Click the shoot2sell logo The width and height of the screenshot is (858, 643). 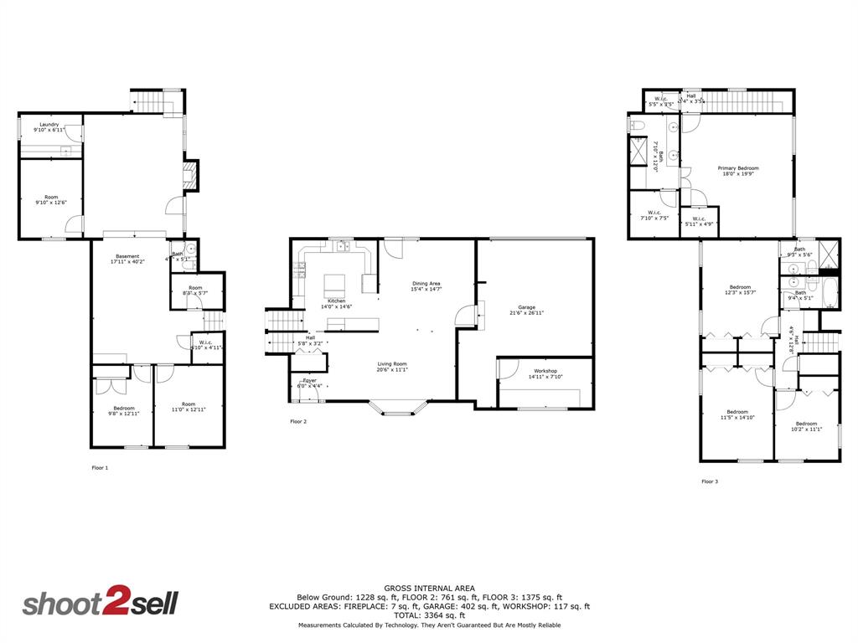click(100, 604)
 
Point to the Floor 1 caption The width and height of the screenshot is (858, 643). click(100, 468)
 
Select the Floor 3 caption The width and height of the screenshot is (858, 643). click(709, 481)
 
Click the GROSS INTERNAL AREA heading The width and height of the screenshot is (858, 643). click(429, 588)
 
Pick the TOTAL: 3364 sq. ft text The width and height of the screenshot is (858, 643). click(429, 615)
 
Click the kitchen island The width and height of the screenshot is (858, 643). click(336, 282)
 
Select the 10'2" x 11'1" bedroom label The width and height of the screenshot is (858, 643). click(806, 426)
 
